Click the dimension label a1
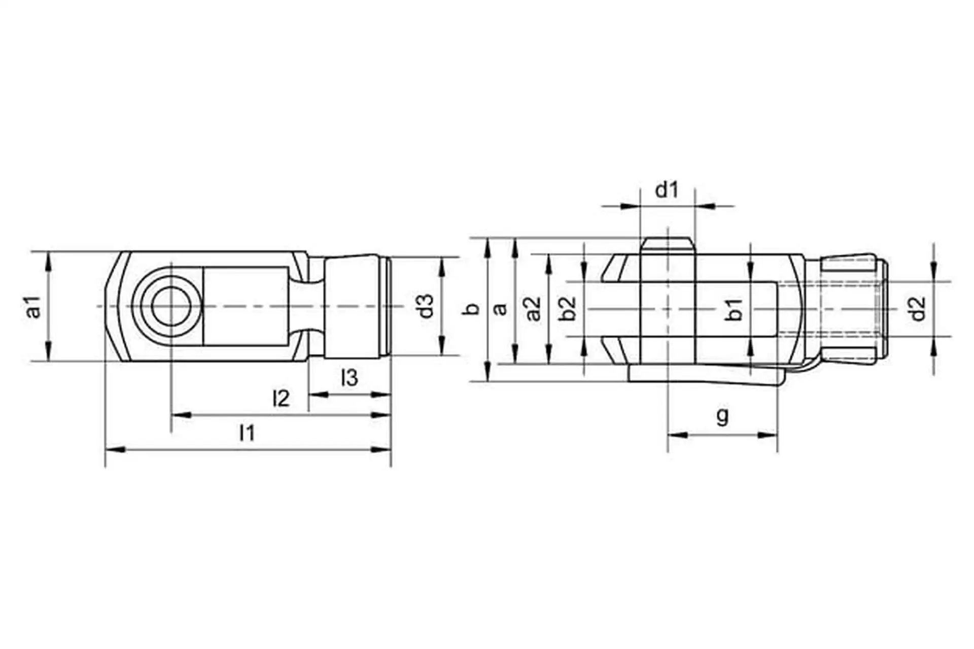(33, 307)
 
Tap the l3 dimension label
(350, 378)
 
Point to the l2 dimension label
(281, 399)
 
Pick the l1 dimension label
(247, 433)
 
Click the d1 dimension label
(667, 190)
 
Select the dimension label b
(472, 308)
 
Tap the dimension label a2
(533, 309)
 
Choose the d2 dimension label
(918, 309)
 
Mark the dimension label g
(722, 416)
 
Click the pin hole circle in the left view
(171, 307)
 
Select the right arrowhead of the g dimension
(767, 435)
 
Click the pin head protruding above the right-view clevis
(667, 246)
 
